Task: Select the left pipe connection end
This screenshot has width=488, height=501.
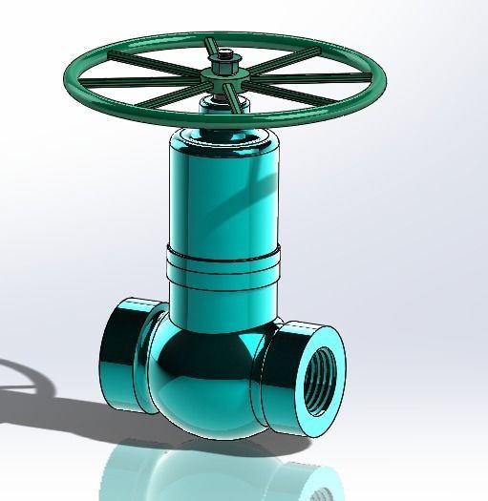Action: (x=119, y=353)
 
